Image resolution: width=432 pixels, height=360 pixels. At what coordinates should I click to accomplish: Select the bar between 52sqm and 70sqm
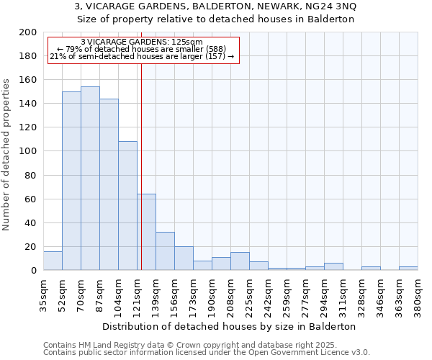click(x=71, y=181)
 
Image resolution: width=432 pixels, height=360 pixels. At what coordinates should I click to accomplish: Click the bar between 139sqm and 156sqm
click(x=165, y=251)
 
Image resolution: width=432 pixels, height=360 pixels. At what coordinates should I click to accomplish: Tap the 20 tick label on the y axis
click(x=30, y=246)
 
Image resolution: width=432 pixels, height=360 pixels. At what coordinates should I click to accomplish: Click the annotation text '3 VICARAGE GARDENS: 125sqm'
click(x=142, y=42)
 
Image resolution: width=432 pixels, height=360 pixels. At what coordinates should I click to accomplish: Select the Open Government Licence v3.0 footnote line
click(x=207, y=352)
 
